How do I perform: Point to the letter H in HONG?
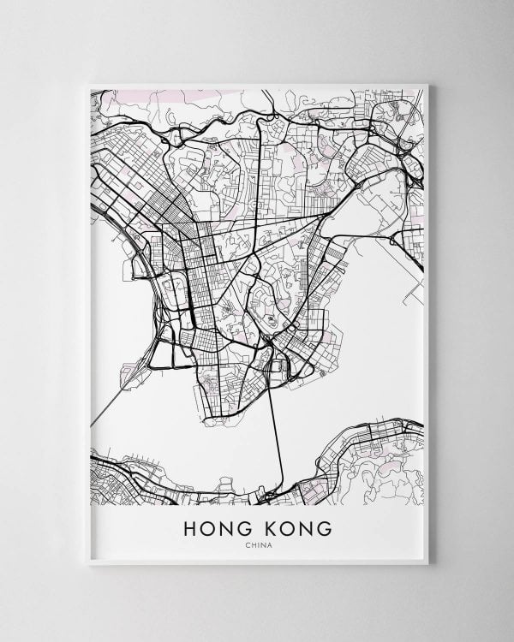point(191,529)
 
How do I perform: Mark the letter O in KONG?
point(286,529)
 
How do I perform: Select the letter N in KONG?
point(305,529)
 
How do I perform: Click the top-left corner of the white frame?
point(89,84)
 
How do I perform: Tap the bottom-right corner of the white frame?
point(427,563)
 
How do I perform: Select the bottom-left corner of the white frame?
point(89,563)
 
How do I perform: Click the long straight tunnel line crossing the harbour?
point(278,437)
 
